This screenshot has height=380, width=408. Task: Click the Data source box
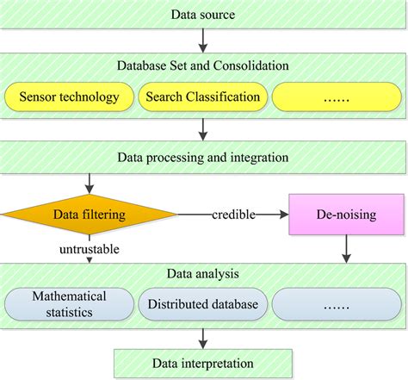[x=203, y=15]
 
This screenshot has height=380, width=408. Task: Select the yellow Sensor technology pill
[x=70, y=97]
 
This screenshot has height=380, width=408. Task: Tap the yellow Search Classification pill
[x=203, y=97]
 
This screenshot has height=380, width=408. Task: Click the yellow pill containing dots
[x=337, y=97]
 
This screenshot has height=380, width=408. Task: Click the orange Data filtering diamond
[x=89, y=214]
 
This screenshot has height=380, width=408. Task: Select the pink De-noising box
[x=347, y=214]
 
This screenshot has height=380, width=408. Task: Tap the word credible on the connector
[x=233, y=214]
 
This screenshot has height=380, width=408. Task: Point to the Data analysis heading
[x=203, y=275]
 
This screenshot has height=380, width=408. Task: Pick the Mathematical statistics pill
[x=70, y=303]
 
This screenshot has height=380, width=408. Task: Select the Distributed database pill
[x=203, y=303]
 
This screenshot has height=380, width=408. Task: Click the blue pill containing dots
[x=337, y=303]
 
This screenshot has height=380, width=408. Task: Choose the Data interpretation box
[x=203, y=363]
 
